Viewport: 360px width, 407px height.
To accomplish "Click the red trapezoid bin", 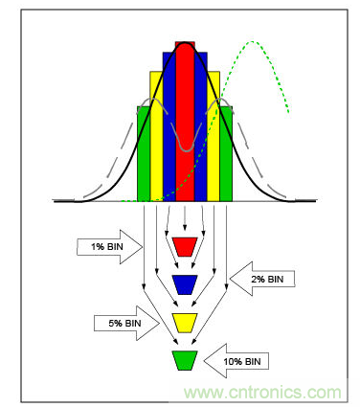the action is (185, 247).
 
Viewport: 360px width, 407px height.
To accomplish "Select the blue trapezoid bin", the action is (185, 284).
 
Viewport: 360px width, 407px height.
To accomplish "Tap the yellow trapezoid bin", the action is (185, 323).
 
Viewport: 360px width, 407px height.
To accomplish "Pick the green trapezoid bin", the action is (185, 360).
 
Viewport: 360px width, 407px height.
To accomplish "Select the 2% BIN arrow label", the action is (262, 279).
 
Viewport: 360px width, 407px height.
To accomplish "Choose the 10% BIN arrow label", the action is (236, 361).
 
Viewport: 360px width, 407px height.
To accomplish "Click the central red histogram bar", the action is (185, 122).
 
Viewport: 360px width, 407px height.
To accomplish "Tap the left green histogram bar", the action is (144, 153).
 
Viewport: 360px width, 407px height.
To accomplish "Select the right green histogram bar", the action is (226, 153).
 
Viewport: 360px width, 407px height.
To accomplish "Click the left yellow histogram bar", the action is (156, 136).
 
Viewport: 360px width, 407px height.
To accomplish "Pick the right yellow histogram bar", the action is (214, 136).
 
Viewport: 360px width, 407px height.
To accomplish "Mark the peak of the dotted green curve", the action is (253, 41).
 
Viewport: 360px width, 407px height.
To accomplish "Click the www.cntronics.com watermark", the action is (262, 392).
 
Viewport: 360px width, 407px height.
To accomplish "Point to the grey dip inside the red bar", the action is (187, 150).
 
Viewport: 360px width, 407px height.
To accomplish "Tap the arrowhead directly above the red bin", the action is (185, 227).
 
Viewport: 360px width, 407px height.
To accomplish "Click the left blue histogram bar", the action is (169, 126).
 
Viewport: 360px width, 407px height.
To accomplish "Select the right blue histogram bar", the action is (201, 126).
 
